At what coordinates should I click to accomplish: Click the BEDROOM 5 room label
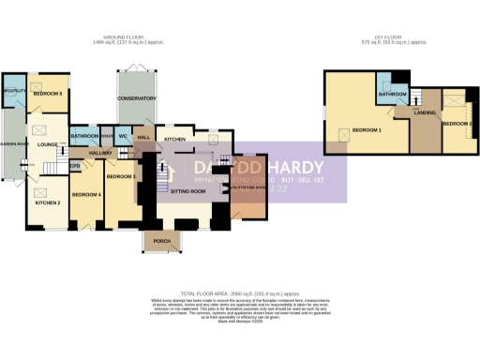point(49,95)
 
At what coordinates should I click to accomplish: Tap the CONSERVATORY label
point(137,98)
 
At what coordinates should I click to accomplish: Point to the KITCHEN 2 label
point(48,202)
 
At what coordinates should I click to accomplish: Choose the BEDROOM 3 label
point(121,176)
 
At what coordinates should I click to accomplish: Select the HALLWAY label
point(100,152)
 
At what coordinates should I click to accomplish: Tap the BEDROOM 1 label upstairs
point(367,129)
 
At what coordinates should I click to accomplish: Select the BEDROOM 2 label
point(456,124)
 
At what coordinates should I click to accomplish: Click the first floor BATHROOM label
point(392,95)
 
